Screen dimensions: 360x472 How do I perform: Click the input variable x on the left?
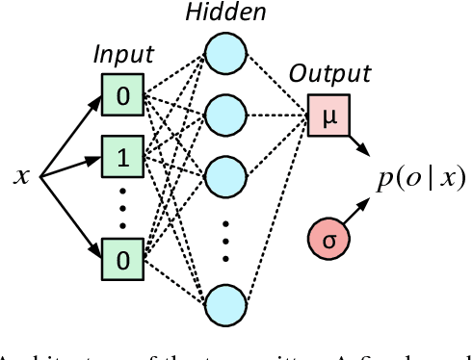click(21, 176)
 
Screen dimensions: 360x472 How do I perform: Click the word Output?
click(330, 74)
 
